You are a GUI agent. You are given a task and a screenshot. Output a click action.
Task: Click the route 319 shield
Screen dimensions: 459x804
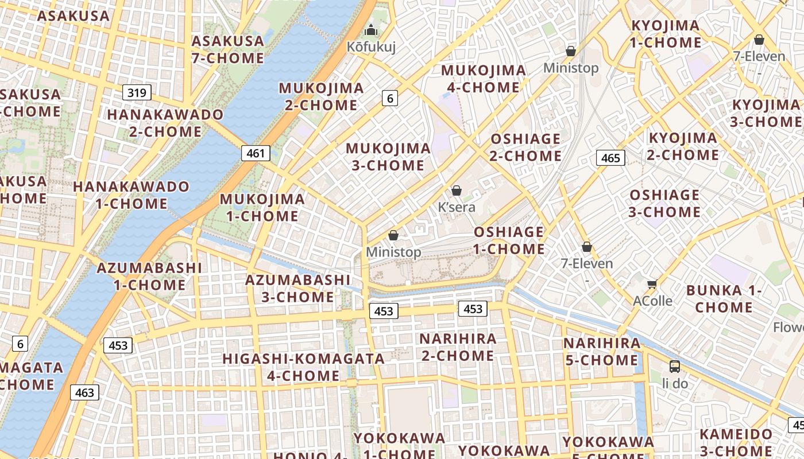tap(136, 92)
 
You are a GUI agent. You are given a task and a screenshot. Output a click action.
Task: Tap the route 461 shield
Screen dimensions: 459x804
tap(256, 153)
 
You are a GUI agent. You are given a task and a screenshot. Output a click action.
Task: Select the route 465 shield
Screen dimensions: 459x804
tap(610, 158)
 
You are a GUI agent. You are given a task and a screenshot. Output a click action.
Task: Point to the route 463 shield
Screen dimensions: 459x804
tap(84, 392)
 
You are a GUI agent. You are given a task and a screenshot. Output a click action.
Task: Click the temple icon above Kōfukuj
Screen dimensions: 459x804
tap(371, 29)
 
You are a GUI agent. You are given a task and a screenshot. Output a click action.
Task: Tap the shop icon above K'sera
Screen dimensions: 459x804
tap(457, 190)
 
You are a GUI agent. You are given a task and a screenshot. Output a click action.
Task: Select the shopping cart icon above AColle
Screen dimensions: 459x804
tap(652, 284)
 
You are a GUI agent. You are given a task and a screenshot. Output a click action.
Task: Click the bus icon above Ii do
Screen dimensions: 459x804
tap(675, 366)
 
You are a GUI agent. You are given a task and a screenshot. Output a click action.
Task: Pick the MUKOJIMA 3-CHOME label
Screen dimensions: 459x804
tap(388, 157)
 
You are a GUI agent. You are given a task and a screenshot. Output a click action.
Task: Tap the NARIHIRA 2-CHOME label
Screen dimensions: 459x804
tap(458, 347)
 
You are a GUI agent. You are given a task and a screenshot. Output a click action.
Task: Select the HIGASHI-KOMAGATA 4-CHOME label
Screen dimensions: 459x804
tap(303, 367)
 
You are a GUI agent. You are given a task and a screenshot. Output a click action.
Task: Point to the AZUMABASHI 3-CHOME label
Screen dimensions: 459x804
tap(297, 289)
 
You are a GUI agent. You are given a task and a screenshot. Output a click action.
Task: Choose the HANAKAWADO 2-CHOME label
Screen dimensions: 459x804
tap(165, 123)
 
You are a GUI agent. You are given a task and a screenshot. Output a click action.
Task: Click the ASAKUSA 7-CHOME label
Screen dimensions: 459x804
tap(227, 49)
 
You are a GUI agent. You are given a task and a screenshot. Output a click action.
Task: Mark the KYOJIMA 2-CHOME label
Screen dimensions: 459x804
tap(683, 146)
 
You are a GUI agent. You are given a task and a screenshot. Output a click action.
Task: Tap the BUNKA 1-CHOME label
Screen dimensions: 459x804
tap(724, 298)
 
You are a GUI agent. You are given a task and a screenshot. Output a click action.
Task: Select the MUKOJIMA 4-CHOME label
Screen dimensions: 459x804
tap(483, 79)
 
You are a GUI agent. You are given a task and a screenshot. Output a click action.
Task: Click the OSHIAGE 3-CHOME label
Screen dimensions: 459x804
tap(664, 203)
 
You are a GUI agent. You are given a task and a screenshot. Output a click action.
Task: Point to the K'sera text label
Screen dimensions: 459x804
tap(457, 207)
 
